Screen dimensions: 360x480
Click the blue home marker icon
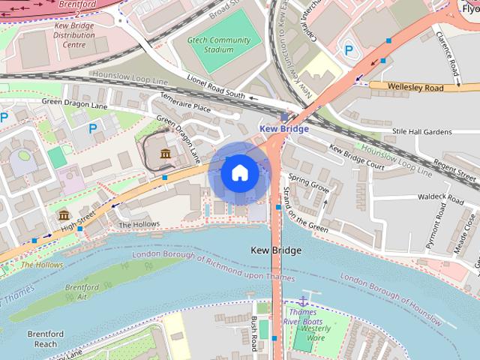[240, 173]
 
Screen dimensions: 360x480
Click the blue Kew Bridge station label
[283, 129]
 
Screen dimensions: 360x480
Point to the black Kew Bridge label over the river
[275, 250]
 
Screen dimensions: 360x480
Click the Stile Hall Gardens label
[422, 131]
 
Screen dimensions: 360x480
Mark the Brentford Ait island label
[82, 292]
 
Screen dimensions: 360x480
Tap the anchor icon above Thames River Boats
[304, 301]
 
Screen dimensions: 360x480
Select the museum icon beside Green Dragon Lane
[165, 154]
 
